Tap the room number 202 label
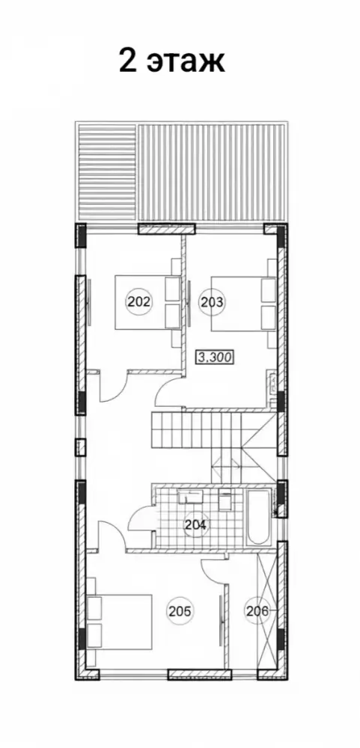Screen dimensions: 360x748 pyautogui.click(x=138, y=301)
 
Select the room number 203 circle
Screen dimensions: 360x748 pyautogui.click(x=212, y=301)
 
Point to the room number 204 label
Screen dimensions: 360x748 pyautogui.click(x=196, y=525)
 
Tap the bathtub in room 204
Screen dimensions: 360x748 pyautogui.click(x=259, y=517)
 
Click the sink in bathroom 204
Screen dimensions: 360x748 pyautogui.click(x=190, y=497)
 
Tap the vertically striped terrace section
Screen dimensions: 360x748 pyautogui.click(x=213, y=174)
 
